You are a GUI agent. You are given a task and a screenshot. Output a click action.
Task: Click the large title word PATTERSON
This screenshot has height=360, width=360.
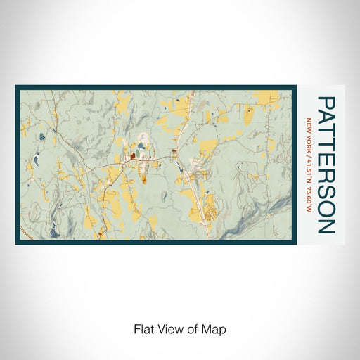pos(326,165)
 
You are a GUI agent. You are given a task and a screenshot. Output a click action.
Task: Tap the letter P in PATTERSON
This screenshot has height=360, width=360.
pos(326,103)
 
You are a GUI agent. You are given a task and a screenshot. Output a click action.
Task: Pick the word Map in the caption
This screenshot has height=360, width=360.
pos(216,328)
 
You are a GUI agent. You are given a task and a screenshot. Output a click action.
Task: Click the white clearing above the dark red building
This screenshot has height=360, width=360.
pos(143,139)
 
